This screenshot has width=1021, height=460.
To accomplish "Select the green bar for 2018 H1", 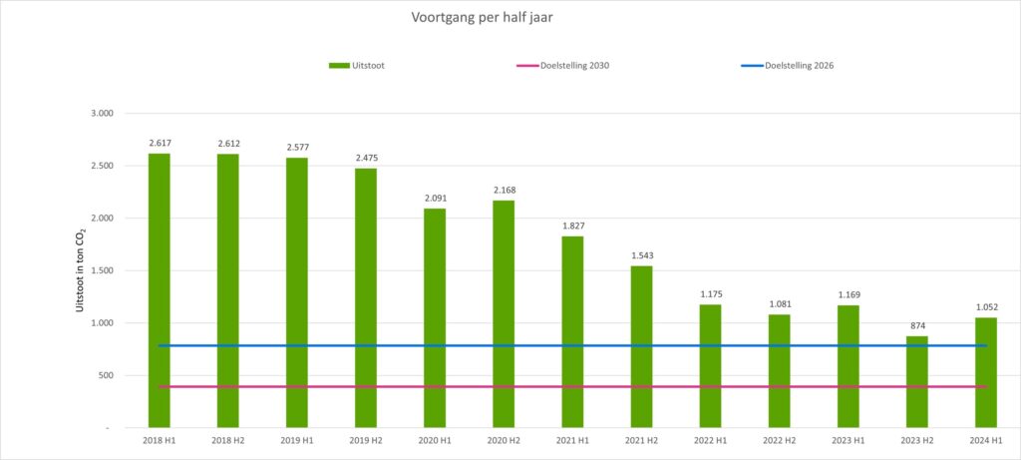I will [x=160, y=289].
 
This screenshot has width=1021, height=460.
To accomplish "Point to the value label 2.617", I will [x=160, y=144].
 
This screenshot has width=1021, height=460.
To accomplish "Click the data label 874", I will [x=916, y=326].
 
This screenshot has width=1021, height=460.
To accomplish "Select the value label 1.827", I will [x=572, y=227].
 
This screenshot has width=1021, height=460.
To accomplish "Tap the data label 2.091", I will [x=435, y=199].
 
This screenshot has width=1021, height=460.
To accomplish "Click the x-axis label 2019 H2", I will [x=366, y=439].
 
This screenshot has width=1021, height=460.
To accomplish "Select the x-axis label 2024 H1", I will [x=985, y=439].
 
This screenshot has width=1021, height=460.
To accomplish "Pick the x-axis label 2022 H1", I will [x=710, y=439].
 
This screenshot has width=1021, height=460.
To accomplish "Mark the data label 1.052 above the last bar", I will [x=985, y=307].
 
